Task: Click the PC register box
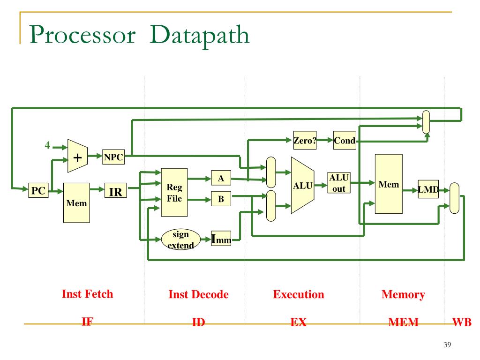[x=38, y=190]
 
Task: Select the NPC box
[x=113, y=157]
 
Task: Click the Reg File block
[x=174, y=193]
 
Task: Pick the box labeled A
[x=221, y=178]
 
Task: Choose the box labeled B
[x=221, y=198]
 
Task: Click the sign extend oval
[x=180, y=240]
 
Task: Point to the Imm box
[x=221, y=239]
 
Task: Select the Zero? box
[x=305, y=140]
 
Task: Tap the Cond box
[x=345, y=140]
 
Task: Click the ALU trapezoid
[x=303, y=185]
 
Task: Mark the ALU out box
[x=339, y=183]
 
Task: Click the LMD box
[x=428, y=189]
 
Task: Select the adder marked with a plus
[x=77, y=156]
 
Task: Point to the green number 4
[x=47, y=145]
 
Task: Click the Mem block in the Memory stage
[x=389, y=184]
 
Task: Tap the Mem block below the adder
[x=76, y=202]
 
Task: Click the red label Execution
[x=299, y=294]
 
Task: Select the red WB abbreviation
[x=462, y=322]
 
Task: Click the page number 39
[x=447, y=345]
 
